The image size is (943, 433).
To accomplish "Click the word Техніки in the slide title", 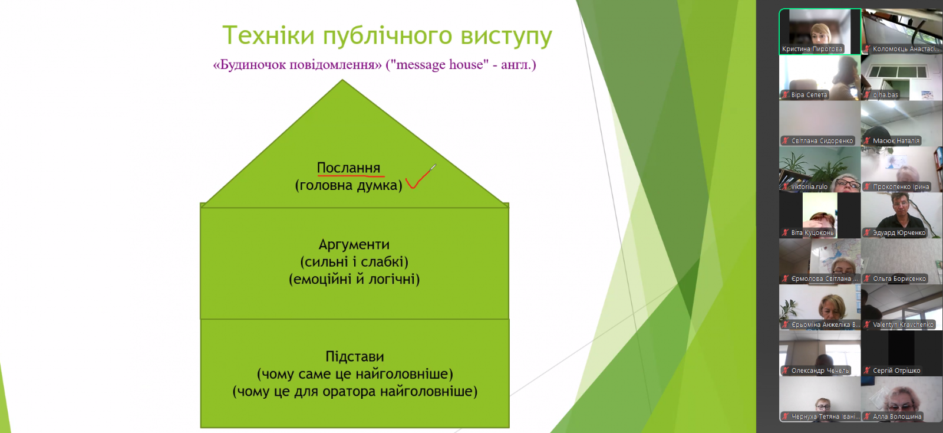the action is click(x=268, y=35).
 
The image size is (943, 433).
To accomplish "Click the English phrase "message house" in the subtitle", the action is click(x=437, y=64).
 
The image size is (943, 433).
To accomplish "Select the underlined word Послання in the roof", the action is click(x=348, y=168).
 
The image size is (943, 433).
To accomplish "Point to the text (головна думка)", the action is click(x=348, y=185).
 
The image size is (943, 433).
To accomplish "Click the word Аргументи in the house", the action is click(x=354, y=244).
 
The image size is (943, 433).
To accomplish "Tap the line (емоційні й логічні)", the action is click(x=354, y=279).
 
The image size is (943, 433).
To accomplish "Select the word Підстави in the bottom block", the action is click(x=354, y=356).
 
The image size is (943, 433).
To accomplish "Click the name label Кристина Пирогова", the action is click(x=812, y=49).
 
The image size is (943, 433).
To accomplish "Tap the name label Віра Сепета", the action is click(x=809, y=95).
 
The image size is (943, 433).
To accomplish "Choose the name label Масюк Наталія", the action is click(x=896, y=140).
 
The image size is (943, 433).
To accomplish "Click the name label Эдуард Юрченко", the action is click(x=899, y=232).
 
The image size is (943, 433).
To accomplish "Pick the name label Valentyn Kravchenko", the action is click(x=903, y=324).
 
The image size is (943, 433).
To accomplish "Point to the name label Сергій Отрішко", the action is click(x=896, y=370).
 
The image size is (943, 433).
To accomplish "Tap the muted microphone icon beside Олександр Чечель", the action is click(x=785, y=370).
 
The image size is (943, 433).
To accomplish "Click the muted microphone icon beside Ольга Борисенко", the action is click(x=867, y=278).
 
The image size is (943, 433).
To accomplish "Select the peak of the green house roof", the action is click(x=342, y=80).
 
